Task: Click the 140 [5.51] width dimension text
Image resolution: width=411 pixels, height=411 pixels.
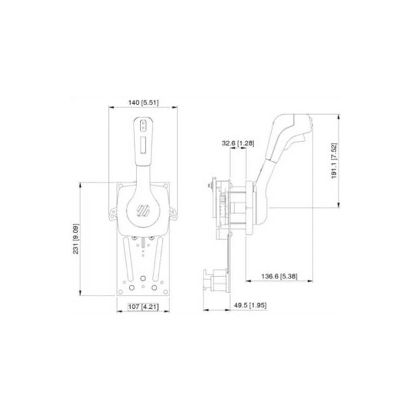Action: click(x=143, y=103)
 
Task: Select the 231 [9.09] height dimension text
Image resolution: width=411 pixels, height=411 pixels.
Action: click(x=76, y=240)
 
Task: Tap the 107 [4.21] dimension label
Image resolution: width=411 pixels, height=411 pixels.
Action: click(x=141, y=307)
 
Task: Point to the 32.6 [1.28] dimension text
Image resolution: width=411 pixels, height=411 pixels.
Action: click(x=238, y=143)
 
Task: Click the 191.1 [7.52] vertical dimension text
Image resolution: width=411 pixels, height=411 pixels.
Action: click(x=333, y=161)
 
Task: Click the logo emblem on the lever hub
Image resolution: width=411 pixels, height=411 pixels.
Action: click(x=142, y=211)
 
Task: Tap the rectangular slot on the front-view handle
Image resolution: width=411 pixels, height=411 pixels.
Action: click(x=143, y=144)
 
